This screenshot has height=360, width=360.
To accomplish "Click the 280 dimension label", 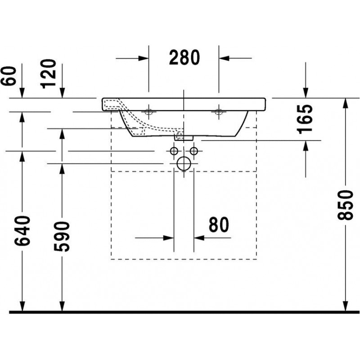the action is pos(184,58).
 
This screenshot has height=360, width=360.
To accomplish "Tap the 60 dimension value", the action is pos(9,76).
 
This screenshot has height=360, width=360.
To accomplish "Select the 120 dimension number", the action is pos(48,74).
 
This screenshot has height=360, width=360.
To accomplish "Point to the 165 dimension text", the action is pos(305,119).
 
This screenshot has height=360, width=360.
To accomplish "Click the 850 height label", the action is pos(345,205).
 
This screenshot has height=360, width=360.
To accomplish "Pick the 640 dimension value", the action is pos(22,231).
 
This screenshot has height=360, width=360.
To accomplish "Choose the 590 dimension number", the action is pos(62,237).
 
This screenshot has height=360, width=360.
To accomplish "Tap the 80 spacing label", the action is pos(219,224).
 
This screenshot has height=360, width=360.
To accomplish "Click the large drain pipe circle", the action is pos(184,164).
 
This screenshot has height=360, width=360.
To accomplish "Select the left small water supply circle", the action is pos(174,151).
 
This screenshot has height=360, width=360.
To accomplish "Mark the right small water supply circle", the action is pos(194,151).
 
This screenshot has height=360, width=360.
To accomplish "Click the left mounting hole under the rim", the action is pos(148,112).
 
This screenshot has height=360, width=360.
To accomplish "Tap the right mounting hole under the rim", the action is pos(219,112).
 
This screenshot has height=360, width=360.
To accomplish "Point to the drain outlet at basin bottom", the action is pos(184,138).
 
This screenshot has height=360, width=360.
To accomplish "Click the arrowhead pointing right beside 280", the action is pos(144,58).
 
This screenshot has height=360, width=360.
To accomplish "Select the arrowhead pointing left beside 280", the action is pos(224,58).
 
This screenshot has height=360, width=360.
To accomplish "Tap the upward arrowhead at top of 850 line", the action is pos(345,103).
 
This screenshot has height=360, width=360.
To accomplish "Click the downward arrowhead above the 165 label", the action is pos(306,93).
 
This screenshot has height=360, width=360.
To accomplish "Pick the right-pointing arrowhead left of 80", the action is pos(168,238).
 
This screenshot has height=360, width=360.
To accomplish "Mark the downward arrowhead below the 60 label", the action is pos(22,93).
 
